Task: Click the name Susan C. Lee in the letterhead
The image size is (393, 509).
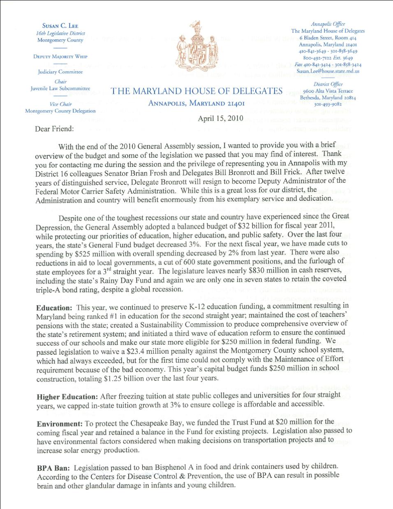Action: tap(60, 25)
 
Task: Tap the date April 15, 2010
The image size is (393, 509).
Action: tap(220, 118)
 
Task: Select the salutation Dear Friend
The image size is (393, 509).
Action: tap(54, 129)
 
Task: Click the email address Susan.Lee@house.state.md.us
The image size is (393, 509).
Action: tap(328, 71)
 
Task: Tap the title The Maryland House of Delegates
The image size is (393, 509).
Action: tap(196, 91)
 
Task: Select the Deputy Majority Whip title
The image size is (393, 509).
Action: tap(60, 56)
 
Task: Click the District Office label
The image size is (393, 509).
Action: tap(328, 84)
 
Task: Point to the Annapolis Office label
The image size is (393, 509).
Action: tap(328, 24)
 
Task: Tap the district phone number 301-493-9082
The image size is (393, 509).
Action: tap(328, 104)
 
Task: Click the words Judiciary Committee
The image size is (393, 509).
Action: tap(60, 72)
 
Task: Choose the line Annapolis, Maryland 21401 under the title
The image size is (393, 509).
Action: tap(196, 104)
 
